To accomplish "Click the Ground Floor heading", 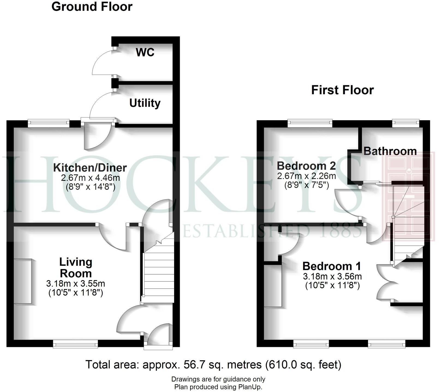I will [x=92, y=7].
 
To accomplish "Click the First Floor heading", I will [x=342, y=90].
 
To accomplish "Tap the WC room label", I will [x=145, y=52].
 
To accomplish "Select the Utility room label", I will [x=145, y=103].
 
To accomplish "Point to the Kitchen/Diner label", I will [x=90, y=167].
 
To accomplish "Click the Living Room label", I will [x=76, y=268].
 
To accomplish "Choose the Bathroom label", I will [x=390, y=151].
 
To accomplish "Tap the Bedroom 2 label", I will [x=306, y=166].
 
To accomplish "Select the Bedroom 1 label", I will [x=332, y=266].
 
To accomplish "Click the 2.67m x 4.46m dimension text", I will [x=90, y=178].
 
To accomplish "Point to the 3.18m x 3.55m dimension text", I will [x=76, y=284].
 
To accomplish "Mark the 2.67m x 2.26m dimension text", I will [x=306, y=176].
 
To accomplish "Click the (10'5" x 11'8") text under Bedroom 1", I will [x=332, y=286].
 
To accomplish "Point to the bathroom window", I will [x=405, y=122].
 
